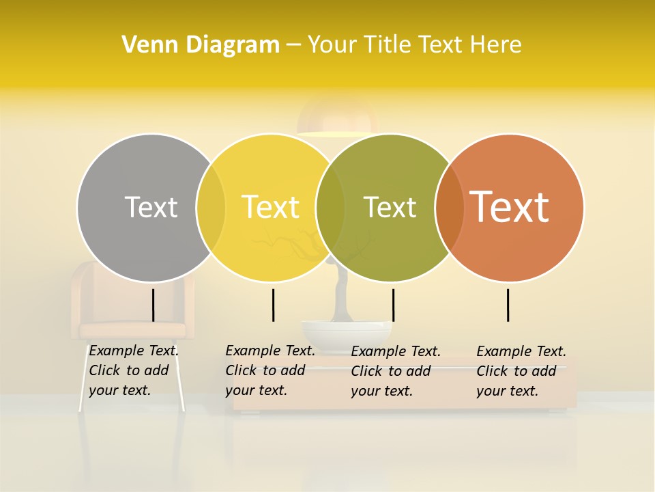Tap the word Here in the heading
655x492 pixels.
pos(496,45)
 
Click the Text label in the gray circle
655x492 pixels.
pos(151,207)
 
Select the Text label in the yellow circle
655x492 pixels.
pos(270,207)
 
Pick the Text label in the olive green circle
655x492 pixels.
pos(390,207)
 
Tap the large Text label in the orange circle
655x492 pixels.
pos(509,206)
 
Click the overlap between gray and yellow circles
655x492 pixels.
pos(211,208)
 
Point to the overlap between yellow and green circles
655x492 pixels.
pos(330,208)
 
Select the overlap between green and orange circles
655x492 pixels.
pos(448,208)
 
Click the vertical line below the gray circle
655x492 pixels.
pos(153,305)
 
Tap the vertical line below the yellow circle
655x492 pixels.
pos(273,305)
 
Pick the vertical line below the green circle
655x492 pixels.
pos(393,305)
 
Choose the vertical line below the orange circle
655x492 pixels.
pos(508,305)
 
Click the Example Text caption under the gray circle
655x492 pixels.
pos(134,370)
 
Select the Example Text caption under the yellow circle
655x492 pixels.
pos(270,370)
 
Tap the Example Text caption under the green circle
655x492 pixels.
pos(396,371)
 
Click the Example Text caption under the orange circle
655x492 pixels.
pos(521,371)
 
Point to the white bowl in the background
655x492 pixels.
pos(347,333)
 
